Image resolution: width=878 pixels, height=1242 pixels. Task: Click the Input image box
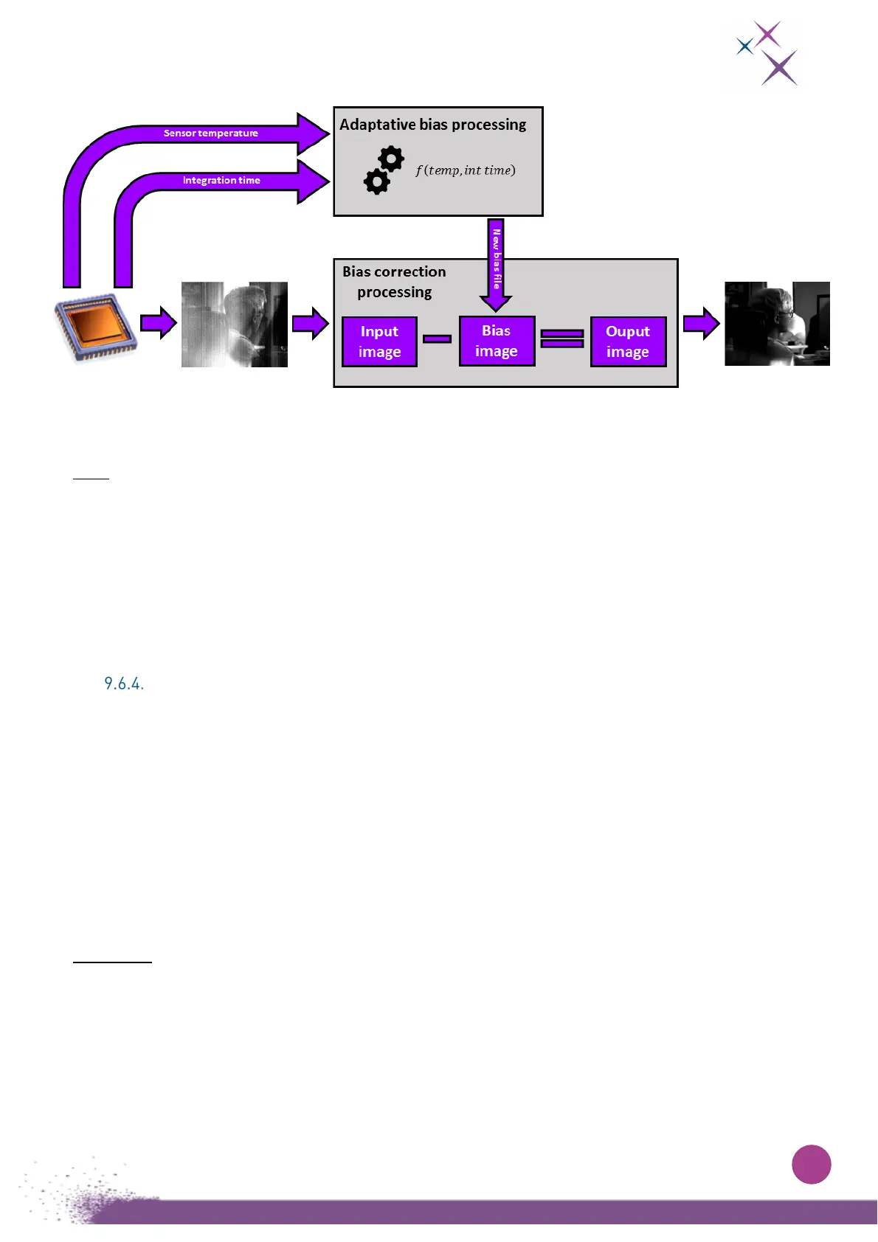(379, 341)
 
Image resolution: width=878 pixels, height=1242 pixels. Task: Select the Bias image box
(497, 341)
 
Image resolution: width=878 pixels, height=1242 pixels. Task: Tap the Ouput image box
(628, 341)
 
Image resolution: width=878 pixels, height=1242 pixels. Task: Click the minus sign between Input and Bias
(437, 339)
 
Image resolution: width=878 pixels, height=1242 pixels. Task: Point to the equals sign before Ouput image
(562, 339)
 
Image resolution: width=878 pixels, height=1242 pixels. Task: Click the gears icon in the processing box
(384, 170)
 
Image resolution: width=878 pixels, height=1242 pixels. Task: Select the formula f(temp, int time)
(465, 170)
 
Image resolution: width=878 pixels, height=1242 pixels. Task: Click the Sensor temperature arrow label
(211, 133)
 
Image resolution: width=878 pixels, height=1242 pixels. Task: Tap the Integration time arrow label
(221, 181)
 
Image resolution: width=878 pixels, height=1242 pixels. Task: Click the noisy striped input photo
(235, 325)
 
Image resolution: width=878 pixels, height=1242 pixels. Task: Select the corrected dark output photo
(777, 324)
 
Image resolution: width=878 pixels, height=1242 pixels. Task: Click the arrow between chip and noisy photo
(158, 323)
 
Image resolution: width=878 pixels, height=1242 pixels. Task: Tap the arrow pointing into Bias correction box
(310, 324)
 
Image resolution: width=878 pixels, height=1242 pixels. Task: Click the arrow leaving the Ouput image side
(701, 324)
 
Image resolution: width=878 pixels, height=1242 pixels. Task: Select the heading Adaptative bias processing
(432, 125)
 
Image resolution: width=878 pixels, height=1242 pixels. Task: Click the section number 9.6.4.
(124, 684)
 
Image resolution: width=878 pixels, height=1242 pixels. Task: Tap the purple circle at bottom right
(811, 1165)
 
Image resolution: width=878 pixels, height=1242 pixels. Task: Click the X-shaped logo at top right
(767, 54)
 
